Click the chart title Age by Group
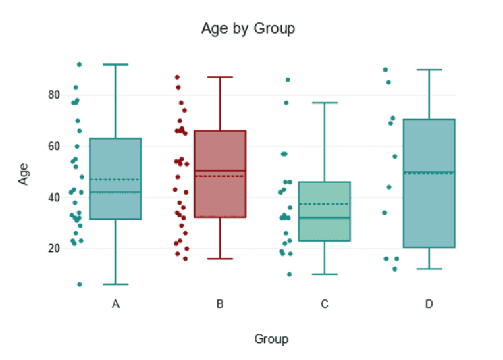pos(248,29)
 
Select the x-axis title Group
pos(271,339)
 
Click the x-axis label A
pos(115,305)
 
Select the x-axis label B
pos(220,305)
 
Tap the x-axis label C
pos(325,305)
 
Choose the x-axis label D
pos(429,305)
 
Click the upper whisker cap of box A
pos(115,64)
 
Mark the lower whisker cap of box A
pos(115,284)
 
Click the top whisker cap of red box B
pos(220,77)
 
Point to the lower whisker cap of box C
pos(325,274)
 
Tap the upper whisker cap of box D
pos(429,70)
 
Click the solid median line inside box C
pos(325,218)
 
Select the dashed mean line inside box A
pos(115,180)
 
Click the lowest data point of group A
pos(79,284)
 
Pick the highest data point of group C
pos(288,80)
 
